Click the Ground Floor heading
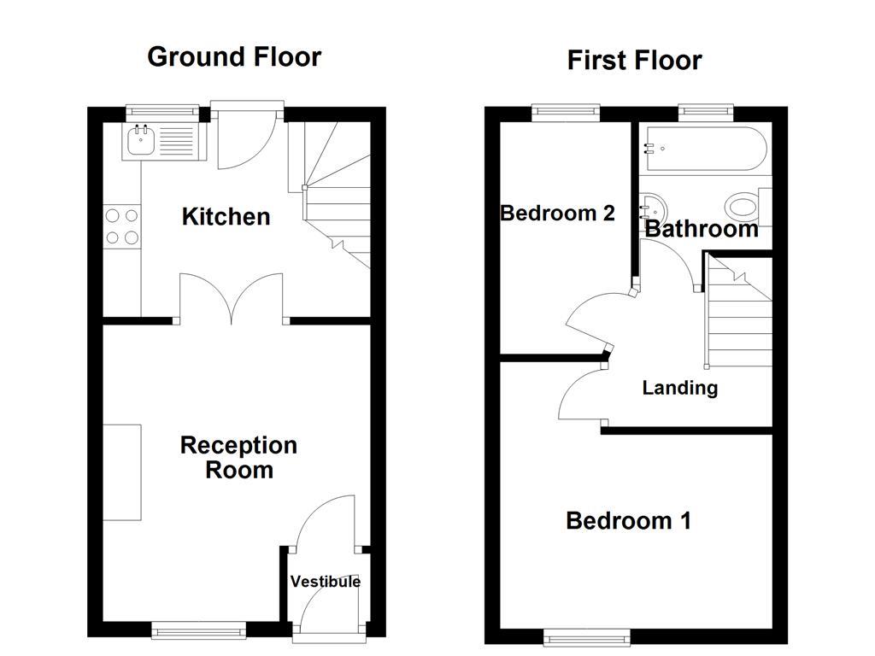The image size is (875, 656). [x=234, y=56]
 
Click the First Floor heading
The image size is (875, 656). [x=634, y=61]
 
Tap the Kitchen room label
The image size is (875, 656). [x=226, y=217]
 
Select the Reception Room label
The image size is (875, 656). [x=238, y=457]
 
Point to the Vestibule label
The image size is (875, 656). [x=325, y=582]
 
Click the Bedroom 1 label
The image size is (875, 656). [x=628, y=520]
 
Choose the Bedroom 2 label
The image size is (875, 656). [x=557, y=213]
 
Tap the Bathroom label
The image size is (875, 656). [x=701, y=229]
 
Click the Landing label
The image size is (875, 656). [x=679, y=388]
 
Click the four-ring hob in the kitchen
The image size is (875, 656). [x=122, y=226]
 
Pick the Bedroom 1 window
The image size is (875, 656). [x=588, y=636]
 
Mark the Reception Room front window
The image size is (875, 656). [x=198, y=630]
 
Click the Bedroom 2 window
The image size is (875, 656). [x=565, y=113]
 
